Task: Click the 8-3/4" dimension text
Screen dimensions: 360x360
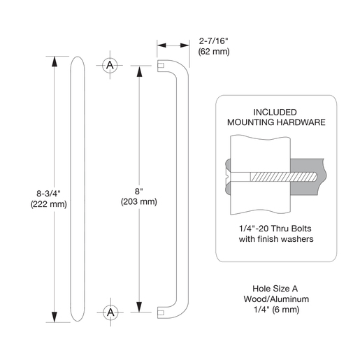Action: click(x=48, y=194)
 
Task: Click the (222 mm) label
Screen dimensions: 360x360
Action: click(x=49, y=204)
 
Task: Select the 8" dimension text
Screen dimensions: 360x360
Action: click(x=139, y=192)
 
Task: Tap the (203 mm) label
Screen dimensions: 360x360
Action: click(x=139, y=201)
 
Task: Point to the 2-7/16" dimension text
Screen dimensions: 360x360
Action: click(x=213, y=41)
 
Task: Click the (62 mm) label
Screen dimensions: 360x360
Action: click(x=214, y=51)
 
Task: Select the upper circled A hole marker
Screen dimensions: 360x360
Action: click(x=110, y=65)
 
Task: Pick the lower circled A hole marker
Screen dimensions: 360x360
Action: click(x=110, y=312)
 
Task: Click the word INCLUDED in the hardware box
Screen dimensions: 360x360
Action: click(x=275, y=113)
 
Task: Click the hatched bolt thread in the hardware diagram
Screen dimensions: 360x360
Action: click(x=284, y=177)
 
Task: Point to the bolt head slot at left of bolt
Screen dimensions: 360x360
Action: click(x=227, y=177)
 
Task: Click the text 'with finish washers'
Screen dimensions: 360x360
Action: click(x=276, y=239)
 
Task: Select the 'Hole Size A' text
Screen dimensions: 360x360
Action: click(x=275, y=289)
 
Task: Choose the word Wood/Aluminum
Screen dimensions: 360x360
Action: click(x=276, y=299)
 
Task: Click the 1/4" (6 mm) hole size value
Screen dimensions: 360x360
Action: click(x=276, y=310)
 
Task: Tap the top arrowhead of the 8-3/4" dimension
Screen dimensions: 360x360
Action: click(x=55, y=62)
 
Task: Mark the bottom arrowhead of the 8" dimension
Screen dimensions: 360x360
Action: click(x=139, y=307)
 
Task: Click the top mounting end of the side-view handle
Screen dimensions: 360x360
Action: click(x=161, y=66)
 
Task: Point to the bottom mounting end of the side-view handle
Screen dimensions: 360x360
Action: click(x=161, y=312)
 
